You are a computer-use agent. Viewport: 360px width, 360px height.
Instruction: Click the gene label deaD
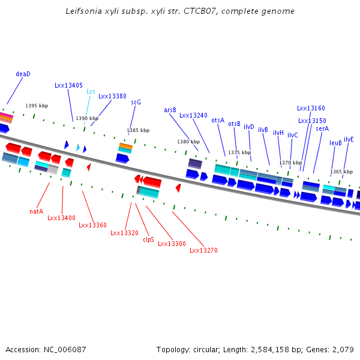coord(23,74)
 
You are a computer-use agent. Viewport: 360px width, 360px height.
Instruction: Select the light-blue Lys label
coord(91,92)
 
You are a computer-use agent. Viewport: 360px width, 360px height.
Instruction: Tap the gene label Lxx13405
coord(68,86)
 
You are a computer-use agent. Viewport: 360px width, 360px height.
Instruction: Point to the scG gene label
coord(136,103)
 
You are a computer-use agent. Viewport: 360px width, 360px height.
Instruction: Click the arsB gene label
coord(170,110)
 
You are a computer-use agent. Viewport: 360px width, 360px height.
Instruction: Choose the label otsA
coord(218,121)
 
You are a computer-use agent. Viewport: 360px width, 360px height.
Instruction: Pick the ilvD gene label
coord(249,127)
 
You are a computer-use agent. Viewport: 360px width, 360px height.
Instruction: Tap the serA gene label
coord(322,128)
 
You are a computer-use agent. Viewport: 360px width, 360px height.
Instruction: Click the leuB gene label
coord(335,143)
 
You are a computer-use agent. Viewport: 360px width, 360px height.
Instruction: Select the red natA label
coord(36,211)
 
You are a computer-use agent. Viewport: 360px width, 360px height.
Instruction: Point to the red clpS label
coord(148,239)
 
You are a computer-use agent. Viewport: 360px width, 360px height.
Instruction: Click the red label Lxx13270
coord(203,250)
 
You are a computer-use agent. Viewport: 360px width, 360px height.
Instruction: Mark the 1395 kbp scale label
coord(37,106)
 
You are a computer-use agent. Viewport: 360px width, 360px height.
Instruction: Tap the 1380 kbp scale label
coord(188,142)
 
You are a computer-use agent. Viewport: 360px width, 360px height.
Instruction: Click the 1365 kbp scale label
coord(341,172)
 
